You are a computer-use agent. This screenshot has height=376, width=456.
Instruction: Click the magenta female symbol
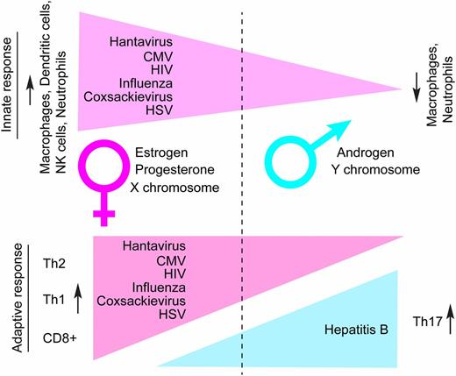[105, 167]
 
